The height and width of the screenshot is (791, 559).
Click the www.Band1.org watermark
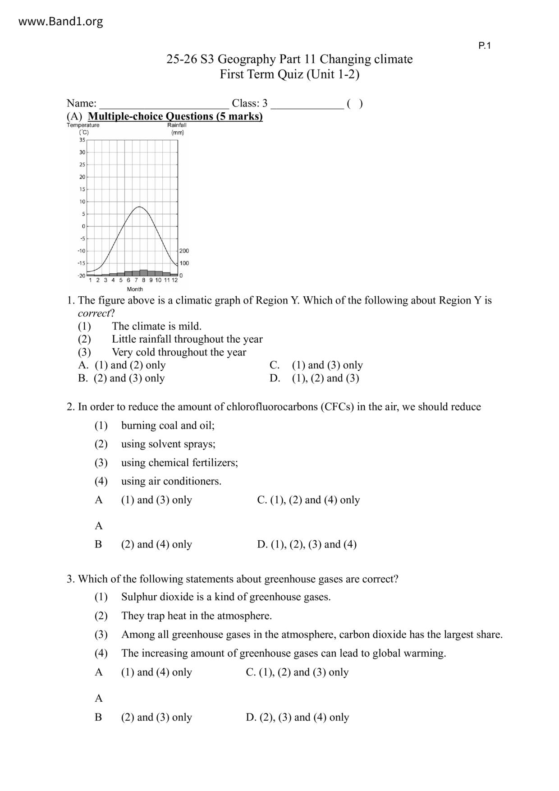[x=60, y=22]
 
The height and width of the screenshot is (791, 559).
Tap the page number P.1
[x=484, y=46]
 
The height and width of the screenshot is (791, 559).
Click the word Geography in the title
[x=246, y=60]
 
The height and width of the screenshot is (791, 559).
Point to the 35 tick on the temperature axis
[x=82, y=140]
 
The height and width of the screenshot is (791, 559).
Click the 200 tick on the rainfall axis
[x=184, y=251]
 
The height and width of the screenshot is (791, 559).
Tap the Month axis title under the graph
[x=135, y=289]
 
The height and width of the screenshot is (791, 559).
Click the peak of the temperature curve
[x=140, y=207]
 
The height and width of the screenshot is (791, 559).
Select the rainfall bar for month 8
[x=143, y=272]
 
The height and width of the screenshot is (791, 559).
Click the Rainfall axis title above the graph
[x=177, y=125]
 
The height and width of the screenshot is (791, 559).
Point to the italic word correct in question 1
[x=94, y=313]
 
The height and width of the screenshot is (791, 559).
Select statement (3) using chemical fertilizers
[x=179, y=463]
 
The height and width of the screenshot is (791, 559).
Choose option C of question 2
[x=308, y=500]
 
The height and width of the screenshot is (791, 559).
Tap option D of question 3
[x=298, y=717]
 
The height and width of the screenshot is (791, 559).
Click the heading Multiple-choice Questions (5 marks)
[x=175, y=116]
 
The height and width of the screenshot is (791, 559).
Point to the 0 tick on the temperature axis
[x=83, y=226]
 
